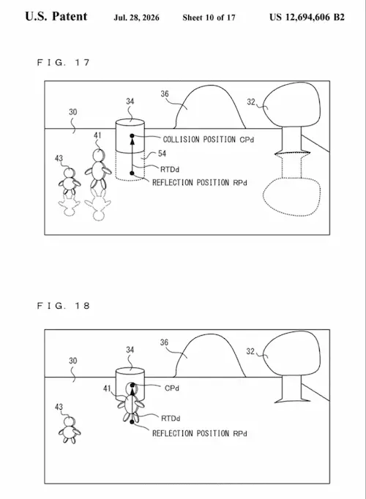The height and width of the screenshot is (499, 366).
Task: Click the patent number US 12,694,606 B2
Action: (307, 17)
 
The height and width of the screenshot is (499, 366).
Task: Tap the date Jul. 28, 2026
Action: (137, 18)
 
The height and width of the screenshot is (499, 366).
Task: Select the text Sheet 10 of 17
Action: (209, 18)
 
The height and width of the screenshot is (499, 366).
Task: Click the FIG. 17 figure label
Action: (64, 62)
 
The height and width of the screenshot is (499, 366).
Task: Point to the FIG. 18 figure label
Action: (64, 306)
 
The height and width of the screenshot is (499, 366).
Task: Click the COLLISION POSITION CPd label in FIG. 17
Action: (209, 140)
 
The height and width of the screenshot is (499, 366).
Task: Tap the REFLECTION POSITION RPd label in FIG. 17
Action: (200, 183)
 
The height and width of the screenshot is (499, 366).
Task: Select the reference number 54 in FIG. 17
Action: (162, 154)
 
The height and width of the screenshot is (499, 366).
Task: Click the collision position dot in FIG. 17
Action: (132, 136)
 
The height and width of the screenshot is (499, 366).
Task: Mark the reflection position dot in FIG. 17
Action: (132, 173)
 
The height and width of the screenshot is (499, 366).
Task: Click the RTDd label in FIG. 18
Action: (171, 419)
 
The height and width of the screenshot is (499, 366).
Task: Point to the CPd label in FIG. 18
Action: (172, 389)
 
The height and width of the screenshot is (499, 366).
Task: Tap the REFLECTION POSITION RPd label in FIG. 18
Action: (200, 433)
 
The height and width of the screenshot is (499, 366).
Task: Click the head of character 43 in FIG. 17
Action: (69, 173)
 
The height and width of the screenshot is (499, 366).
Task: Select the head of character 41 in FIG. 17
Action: (98, 155)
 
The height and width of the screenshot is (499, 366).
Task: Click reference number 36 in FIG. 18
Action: (164, 342)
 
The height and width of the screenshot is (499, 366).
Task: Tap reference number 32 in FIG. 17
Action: (251, 102)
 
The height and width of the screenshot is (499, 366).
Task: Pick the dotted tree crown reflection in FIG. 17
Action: (291, 196)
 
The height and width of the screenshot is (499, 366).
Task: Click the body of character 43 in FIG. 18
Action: (69, 432)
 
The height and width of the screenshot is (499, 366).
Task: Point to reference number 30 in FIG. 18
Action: (73, 361)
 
